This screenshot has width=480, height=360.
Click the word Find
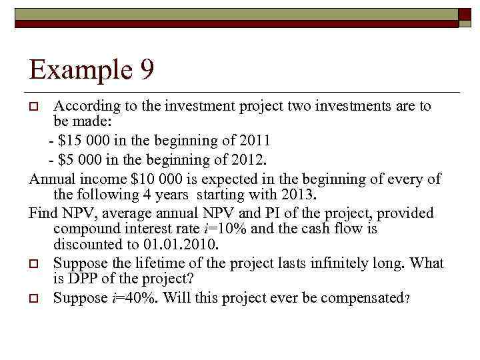[x=43, y=213]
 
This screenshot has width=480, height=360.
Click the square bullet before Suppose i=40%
[x=37, y=298]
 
